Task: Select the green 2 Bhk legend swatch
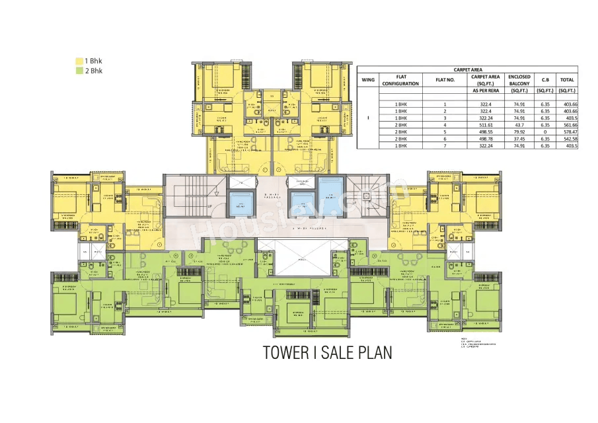pos(79,71)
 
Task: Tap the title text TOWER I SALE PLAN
pos(327,353)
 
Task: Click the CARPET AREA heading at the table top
pos(467,69)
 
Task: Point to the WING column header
pos(368,80)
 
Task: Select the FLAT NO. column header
pos(445,80)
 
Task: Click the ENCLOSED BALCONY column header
pos(519,80)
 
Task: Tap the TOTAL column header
pos(566,80)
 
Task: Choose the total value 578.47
pos(566,132)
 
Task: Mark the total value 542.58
pos(566,139)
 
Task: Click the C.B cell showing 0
pos(545,132)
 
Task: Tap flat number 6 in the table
pos(445,139)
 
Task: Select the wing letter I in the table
pos(368,118)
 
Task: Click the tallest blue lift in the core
pos(330,196)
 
